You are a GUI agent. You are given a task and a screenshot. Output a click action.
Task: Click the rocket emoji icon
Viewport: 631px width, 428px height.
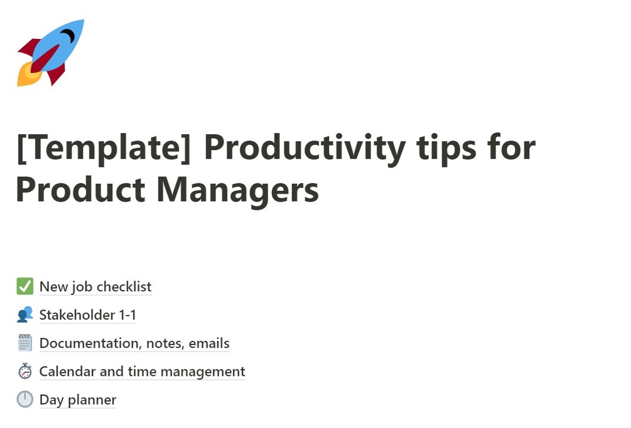(x=50, y=53)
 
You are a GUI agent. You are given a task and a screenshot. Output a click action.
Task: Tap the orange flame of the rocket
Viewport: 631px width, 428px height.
(x=26, y=76)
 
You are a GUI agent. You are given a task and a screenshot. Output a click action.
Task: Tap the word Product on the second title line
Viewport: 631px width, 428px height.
(x=80, y=190)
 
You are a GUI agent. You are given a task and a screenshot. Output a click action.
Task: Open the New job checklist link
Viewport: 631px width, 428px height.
(x=95, y=287)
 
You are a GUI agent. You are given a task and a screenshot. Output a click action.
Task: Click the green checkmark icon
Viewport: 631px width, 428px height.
(x=24, y=287)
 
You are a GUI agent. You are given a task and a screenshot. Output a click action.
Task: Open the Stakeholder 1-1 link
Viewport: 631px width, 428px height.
(x=87, y=315)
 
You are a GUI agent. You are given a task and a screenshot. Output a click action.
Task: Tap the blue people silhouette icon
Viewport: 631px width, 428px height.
(x=24, y=315)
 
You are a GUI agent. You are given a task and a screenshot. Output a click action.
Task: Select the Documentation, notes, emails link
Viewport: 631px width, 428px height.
(x=134, y=343)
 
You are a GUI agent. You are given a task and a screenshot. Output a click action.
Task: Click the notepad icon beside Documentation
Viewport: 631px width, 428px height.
(x=24, y=343)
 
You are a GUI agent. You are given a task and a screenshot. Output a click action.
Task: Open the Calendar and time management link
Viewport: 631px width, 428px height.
(x=142, y=372)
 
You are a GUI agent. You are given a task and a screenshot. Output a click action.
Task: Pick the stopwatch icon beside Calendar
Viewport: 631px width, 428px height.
(x=24, y=372)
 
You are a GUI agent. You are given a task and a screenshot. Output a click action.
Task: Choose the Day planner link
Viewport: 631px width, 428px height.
(x=78, y=400)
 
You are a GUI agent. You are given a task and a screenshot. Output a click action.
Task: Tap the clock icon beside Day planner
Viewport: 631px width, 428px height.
(x=24, y=400)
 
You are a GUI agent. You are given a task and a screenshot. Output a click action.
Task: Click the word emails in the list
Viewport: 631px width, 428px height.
(x=209, y=343)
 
